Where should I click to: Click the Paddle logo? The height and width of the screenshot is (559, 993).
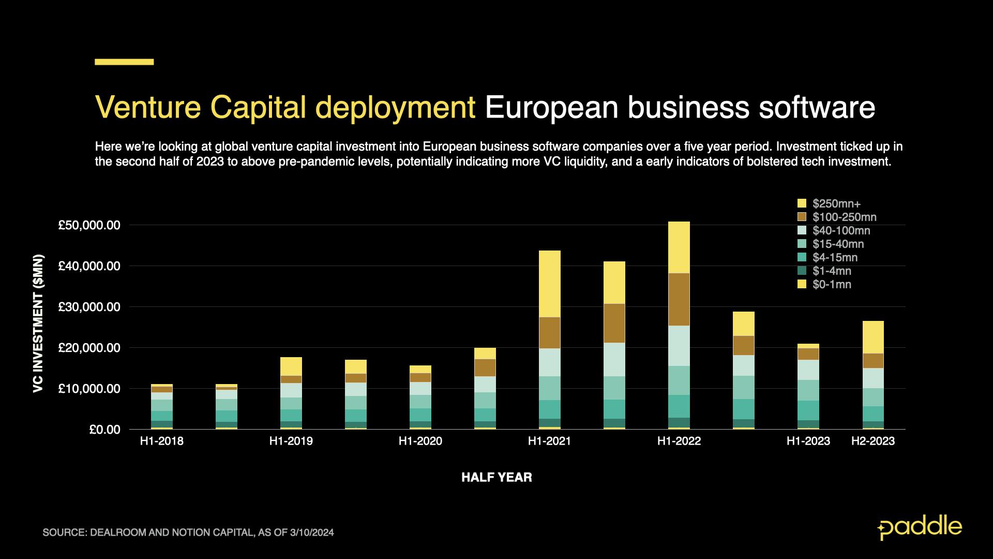tap(920, 527)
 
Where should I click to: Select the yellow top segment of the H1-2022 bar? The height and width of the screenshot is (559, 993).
tap(679, 247)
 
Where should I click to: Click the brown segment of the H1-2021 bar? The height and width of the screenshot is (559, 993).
tap(549, 332)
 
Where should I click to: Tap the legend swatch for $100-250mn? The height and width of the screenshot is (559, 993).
tap(802, 217)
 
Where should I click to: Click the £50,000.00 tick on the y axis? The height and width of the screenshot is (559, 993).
tap(89, 225)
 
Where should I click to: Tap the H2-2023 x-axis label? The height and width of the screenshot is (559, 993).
tap(873, 441)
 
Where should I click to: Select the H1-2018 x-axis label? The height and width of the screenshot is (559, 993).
tap(161, 441)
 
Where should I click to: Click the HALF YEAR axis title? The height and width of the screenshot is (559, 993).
tap(496, 477)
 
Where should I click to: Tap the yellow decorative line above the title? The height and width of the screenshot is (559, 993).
tap(124, 62)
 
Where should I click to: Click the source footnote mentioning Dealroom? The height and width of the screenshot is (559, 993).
tap(188, 532)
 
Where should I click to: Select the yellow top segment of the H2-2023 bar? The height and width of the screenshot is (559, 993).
tap(872, 337)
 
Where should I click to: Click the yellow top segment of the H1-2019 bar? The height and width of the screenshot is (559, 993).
tap(291, 366)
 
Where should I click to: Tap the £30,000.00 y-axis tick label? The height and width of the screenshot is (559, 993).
tap(89, 307)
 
